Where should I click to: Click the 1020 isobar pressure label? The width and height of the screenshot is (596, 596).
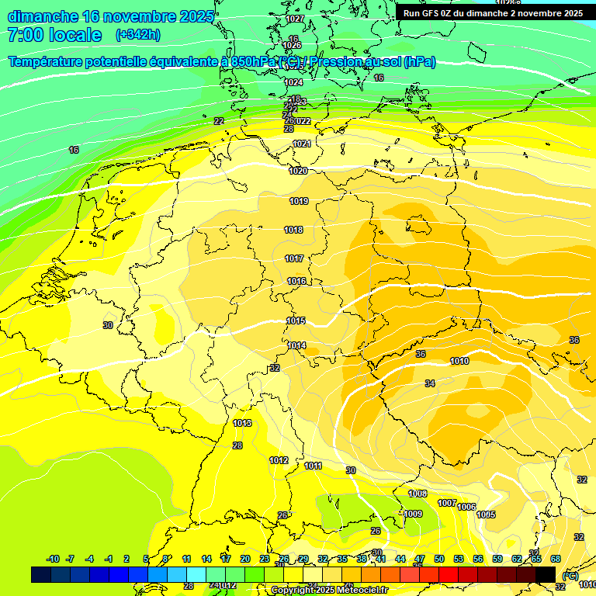coord(298,171)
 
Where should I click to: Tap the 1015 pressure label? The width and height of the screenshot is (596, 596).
coord(296,321)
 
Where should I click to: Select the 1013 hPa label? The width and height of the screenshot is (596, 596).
coord(242,423)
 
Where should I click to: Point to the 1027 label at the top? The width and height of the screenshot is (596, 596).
coord(295,19)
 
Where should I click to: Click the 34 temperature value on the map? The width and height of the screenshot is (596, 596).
coord(430,384)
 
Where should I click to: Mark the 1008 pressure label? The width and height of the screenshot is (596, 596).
coord(418,494)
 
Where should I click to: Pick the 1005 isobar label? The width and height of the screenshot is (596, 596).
coord(486,515)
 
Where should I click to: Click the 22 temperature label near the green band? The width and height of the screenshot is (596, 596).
coord(219,121)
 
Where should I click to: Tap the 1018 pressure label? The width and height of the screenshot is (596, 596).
coord(293,230)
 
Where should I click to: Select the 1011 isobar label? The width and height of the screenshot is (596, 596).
coord(314,466)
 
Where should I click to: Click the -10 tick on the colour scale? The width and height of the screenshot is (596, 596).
coord(54,559)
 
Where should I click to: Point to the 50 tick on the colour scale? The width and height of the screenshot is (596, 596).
coord(438,559)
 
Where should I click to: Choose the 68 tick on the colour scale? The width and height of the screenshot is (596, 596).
coord(556,559)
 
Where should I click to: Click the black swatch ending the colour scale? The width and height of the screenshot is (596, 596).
coord(546,574)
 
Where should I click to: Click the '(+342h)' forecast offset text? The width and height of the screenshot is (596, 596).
coord(137,35)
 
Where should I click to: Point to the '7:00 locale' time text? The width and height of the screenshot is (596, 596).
coord(54,35)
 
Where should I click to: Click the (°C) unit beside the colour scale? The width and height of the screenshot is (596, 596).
coord(570,575)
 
